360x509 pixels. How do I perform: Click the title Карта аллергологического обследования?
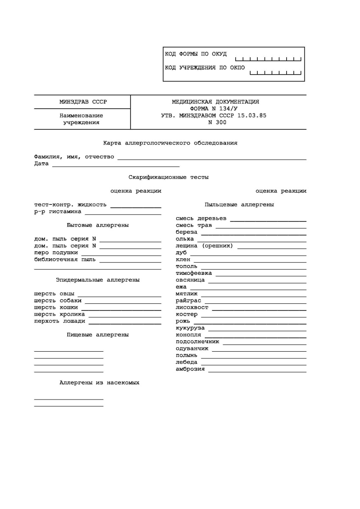point(170,143)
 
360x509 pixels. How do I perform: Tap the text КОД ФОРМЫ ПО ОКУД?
point(195,54)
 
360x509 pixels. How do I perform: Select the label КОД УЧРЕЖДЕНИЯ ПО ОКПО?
point(205,68)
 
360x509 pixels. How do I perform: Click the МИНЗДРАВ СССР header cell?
point(83,102)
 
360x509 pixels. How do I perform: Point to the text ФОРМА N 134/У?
point(215,109)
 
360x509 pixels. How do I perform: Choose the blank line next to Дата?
point(116,165)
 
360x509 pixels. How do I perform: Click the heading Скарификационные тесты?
point(169,177)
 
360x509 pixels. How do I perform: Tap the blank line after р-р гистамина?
point(123,213)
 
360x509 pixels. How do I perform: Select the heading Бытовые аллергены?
point(98,225)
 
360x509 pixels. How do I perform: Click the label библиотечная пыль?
point(65,260)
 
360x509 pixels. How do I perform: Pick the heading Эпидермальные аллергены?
point(98,280)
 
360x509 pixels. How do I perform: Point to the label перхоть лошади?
point(60,321)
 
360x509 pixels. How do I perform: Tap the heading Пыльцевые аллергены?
point(239,204)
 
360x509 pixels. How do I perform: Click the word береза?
point(187,232)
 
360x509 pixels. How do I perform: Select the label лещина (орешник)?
point(204,246)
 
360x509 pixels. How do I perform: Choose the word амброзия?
point(190,369)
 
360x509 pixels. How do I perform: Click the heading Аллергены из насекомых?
point(100,383)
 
